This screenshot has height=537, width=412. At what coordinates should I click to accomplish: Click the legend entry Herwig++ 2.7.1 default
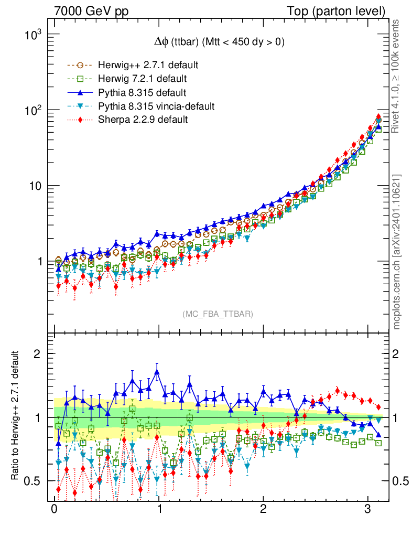coord(148,66)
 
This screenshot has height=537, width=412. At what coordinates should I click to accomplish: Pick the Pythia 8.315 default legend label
coord(142,93)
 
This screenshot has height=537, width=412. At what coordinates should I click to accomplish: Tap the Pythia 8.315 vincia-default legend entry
coord(156,106)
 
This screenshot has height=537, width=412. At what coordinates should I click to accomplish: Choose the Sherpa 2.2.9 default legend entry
coord(143,120)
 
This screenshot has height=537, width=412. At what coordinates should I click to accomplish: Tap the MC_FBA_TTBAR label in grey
coord(218,314)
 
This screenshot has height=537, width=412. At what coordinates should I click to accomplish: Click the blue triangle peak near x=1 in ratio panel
coord(157,372)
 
